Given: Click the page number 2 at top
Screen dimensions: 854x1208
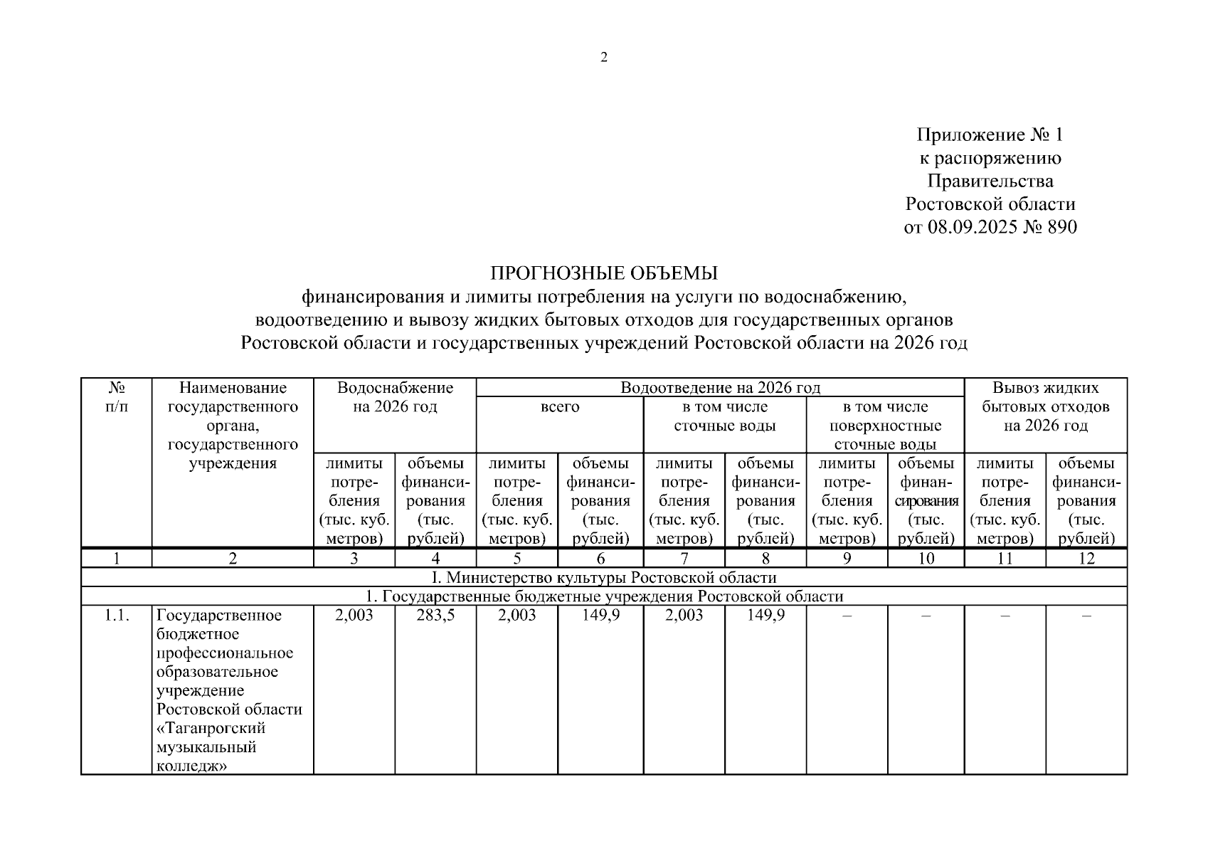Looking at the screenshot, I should (604, 58).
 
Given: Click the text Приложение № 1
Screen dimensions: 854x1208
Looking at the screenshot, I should (990, 135).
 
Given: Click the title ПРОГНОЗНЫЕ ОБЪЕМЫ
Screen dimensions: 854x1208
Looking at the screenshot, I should (604, 273).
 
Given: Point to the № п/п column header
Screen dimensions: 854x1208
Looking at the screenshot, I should (117, 397).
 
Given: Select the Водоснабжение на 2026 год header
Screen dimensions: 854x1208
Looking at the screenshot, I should (395, 397).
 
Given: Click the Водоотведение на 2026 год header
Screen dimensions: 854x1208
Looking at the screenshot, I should (720, 388).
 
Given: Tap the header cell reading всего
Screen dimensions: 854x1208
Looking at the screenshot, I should (560, 407).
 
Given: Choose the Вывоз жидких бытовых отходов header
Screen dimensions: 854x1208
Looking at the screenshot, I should (1045, 406).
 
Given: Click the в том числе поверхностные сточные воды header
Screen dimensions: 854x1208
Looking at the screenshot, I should (885, 426).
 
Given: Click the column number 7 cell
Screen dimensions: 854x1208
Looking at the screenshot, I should (684, 559).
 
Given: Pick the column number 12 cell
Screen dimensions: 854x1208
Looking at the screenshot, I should (1086, 559).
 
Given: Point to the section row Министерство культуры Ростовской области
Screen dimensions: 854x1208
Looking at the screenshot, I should (604, 577).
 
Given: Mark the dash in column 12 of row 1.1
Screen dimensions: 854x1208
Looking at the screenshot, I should (1086, 616).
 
